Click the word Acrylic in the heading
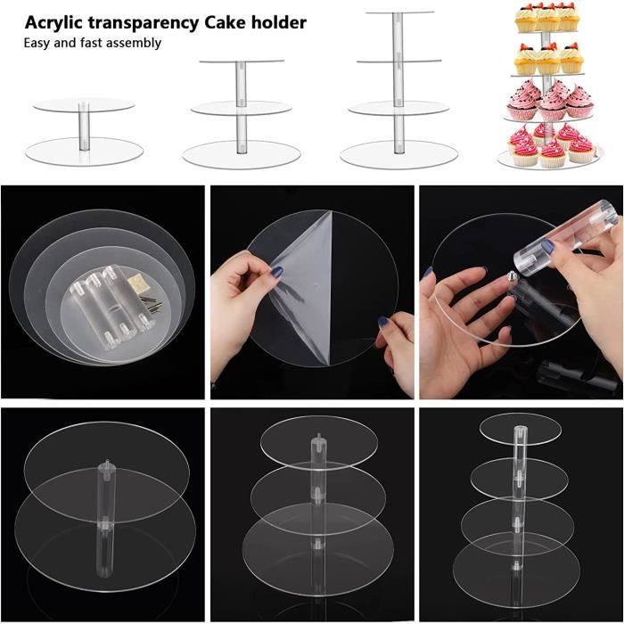click(x=53, y=22)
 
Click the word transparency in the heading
click(x=143, y=23)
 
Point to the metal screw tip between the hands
click(x=513, y=275)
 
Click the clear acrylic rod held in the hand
click(x=565, y=238)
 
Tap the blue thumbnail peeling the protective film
click(x=277, y=272)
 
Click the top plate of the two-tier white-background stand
click(x=84, y=104)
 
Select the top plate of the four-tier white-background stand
click(x=399, y=12)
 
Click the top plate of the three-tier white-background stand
click(x=242, y=62)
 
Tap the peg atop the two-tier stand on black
click(x=106, y=464)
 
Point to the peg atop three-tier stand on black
click(x=318, y=439)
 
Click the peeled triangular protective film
click(x=302, y=286)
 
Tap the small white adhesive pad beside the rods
click(x=136, y=283)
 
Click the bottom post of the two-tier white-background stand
click(x=84, y=127)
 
